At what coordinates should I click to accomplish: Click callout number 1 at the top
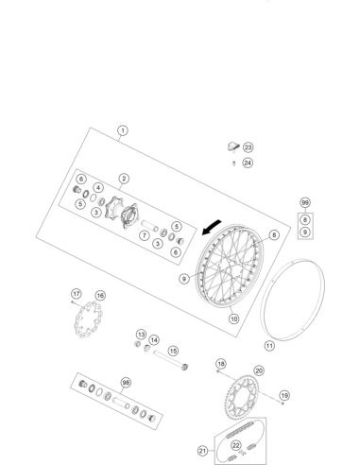(123, 130)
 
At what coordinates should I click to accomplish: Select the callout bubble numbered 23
(249, 147)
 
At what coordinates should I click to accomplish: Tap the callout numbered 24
(248, 163)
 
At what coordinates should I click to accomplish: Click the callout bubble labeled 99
(305, 202)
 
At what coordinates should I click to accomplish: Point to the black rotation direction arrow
(211, 228)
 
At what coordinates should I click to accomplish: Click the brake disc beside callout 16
(87, 319)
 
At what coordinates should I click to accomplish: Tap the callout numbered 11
(269, 346)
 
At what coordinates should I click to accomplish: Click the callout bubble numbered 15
(173, 351)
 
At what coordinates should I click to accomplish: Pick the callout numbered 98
(126, 383)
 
